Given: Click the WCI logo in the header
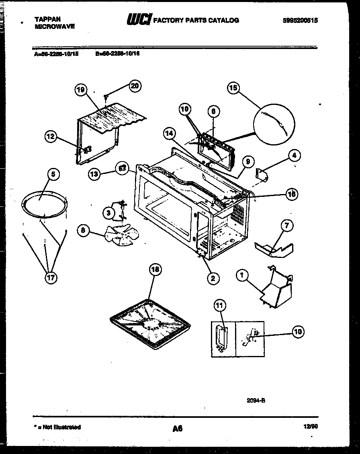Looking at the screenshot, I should point(139,20).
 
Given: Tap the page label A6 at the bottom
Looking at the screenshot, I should point(178,429).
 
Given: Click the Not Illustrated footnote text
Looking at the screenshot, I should point(58,427).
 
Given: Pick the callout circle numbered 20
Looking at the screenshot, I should point(135,86).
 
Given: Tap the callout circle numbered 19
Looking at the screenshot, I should point(81,90).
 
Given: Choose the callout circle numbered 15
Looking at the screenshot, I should point(234,88).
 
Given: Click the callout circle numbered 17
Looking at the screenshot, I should point(51,278).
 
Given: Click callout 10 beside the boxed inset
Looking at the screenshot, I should point(297,331).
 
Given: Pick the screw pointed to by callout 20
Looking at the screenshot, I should point(106,96).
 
